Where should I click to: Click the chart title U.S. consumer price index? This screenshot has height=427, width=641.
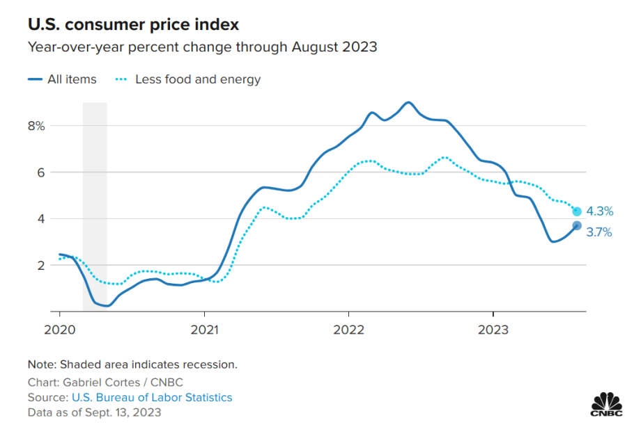(133, 25)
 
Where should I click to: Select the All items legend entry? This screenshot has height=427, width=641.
(63, 79)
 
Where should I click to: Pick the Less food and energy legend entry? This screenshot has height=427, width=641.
(188, 79)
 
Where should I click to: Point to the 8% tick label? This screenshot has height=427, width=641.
(36, 126)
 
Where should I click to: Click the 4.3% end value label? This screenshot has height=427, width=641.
(599, 211)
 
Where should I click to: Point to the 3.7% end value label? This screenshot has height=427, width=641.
(599, 232)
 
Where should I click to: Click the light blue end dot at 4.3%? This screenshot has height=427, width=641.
(577, 211)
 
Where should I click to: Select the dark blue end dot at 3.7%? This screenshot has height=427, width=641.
(577, 225)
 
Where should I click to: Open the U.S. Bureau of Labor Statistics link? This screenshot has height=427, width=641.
(152, 398)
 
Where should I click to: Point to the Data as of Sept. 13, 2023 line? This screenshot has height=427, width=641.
(94, 412)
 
